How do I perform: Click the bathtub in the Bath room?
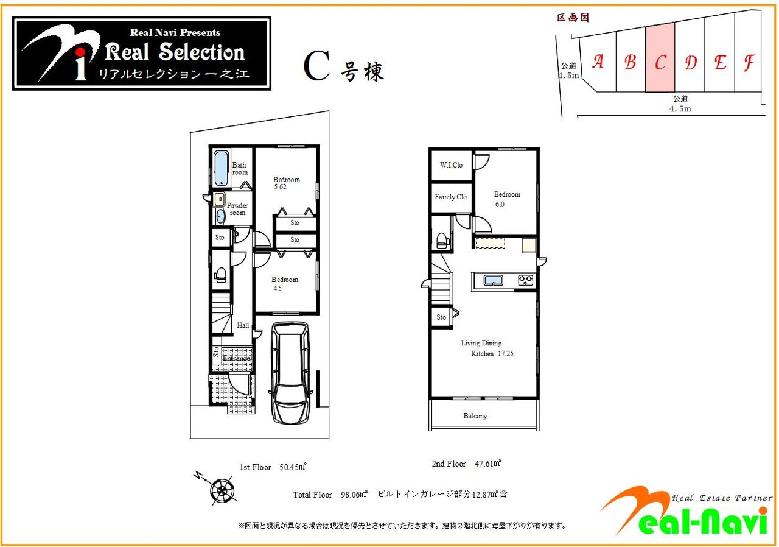click(221, 168)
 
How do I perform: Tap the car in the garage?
click(290, 373)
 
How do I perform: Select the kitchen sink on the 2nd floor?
click(493, 280)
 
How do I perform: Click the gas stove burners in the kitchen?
click(525, 280)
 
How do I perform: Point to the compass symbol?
click(222, 490)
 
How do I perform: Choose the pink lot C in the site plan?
click(660, 58)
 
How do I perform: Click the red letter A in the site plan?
click(598, 62)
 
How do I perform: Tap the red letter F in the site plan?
click(749, 63)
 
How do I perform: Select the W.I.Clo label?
click(451, 165)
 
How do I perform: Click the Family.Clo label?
click(451, 197)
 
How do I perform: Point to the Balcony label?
click(475, 416)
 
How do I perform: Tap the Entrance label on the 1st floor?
click(236, 358)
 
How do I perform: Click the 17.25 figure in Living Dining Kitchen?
click(506, 353)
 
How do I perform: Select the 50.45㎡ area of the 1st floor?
click(293, 467)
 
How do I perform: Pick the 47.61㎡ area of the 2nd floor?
click(488, 463)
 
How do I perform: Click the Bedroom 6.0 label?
click(507, 199)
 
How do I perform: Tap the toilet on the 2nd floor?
click(442, 241)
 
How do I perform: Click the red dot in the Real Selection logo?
click(81, 52)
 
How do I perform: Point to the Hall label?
click(243, 325)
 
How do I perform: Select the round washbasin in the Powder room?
click(220, 216)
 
